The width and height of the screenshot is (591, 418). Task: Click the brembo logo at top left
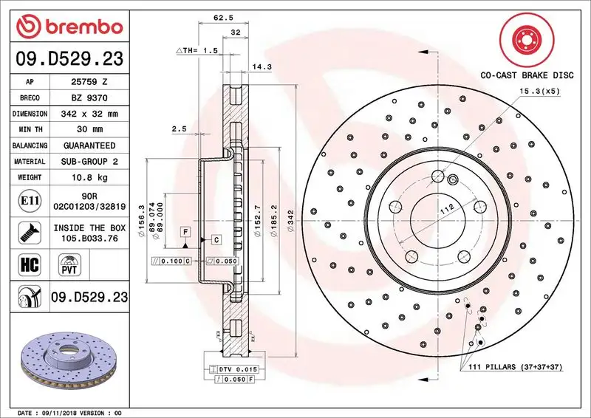(x=66, y=26)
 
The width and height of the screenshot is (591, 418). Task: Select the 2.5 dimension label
(x=178, y=129)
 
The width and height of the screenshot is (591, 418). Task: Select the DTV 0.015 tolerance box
(x=237, y=368)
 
